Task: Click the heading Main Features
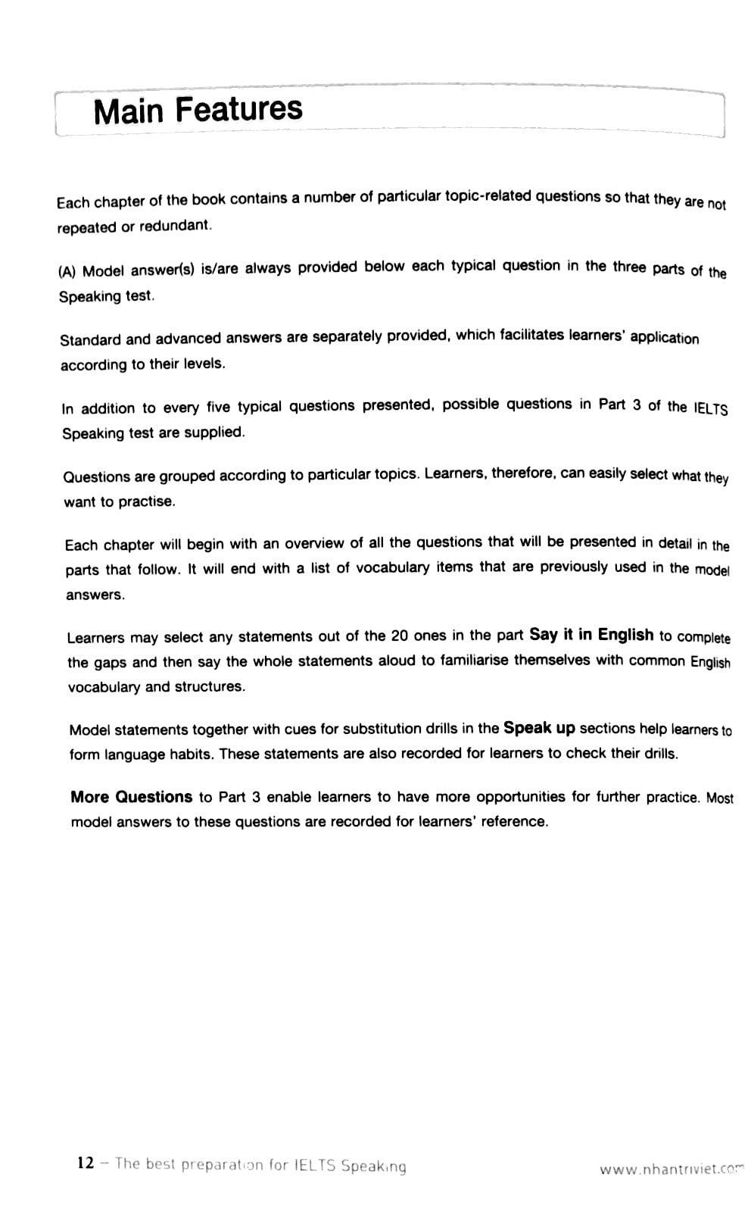(x=198, y=110)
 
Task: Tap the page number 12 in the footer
(x=86, y=1163)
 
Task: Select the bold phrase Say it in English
(x=591, y=635)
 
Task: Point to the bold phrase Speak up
(x=539, y=728)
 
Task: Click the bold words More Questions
(x=131, y=797)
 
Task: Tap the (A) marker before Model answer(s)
(x=67, y=272)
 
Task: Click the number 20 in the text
(x=400, y=636)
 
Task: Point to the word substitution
(x=382, y=729)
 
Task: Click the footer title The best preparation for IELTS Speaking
(x=260, y=1165)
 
